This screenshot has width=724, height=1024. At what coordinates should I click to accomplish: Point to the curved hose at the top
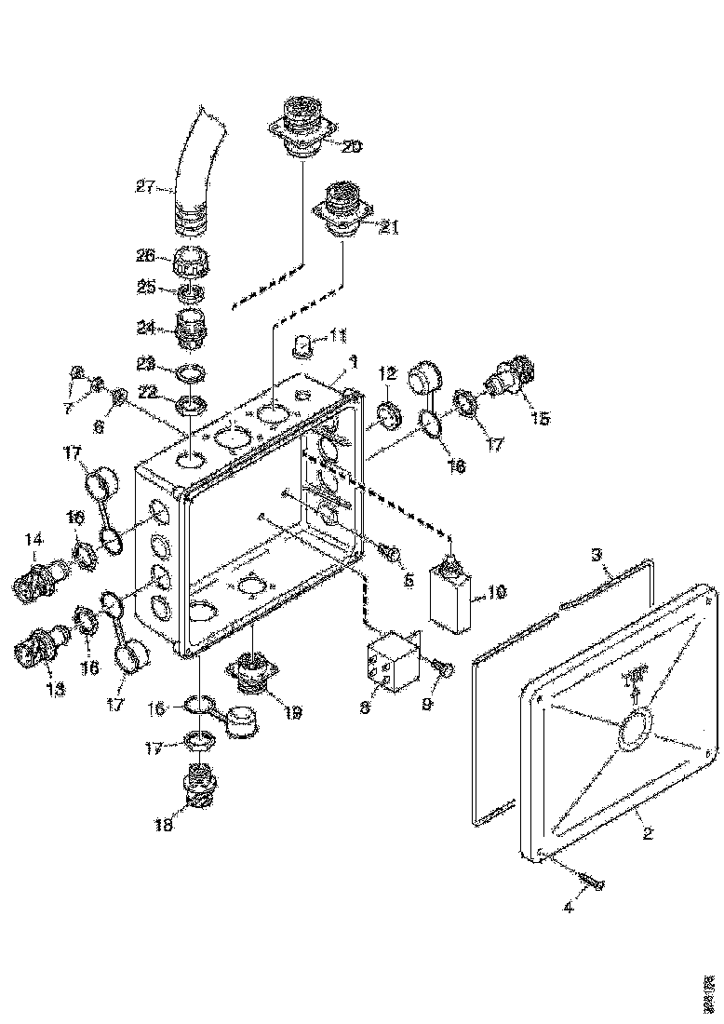click(x=194, y=168)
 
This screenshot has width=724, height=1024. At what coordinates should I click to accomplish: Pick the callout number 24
click(x=145, y=327)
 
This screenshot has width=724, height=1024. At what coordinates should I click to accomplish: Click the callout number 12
click(x=387, y=373)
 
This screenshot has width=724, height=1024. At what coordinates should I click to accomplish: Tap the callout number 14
click(x=34, y=538)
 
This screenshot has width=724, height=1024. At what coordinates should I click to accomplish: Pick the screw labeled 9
click(x=442, y=668)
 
